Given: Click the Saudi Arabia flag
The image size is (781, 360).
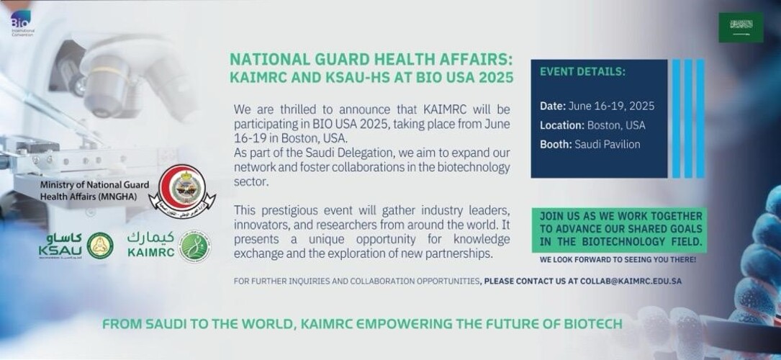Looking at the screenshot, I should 741,27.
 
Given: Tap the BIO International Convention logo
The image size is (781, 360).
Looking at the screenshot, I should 18,24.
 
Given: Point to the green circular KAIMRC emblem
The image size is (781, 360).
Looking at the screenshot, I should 194,246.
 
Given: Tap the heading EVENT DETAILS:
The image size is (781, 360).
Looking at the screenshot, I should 582,72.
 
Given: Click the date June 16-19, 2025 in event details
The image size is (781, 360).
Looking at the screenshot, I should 611,106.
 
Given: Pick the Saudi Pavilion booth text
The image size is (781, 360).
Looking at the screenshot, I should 607,144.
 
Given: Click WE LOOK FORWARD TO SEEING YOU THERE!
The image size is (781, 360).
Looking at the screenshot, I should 618,258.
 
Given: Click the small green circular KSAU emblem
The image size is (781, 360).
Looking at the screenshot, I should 100,246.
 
